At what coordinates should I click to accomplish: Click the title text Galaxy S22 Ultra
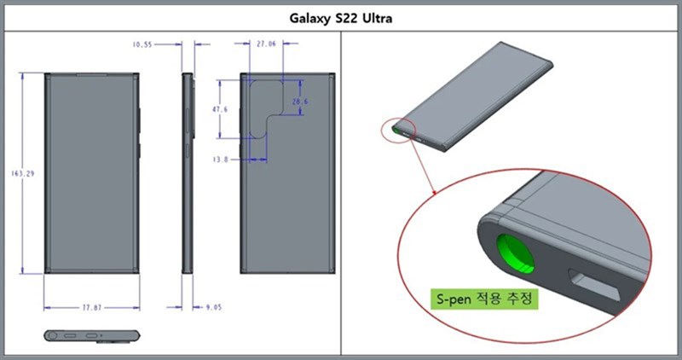341,16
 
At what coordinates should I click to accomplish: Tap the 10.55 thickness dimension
142,43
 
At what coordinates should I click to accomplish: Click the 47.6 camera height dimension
221,110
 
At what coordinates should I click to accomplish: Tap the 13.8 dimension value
220,159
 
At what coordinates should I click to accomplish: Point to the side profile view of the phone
188,174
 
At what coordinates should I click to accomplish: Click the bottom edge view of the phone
90,336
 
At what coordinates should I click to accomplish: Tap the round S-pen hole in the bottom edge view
56,336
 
